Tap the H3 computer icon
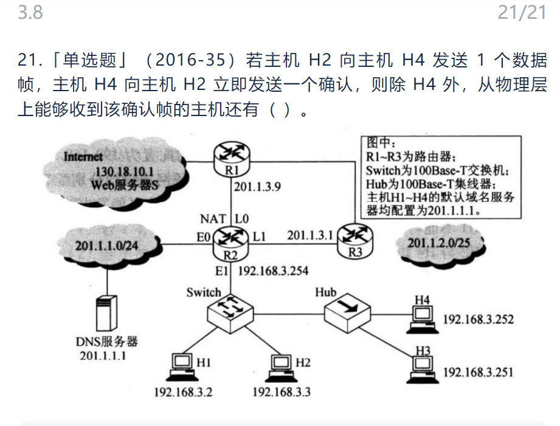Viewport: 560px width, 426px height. (423, 365)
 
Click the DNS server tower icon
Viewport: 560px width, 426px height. (107, 312)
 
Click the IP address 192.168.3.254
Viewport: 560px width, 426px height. (273, 271)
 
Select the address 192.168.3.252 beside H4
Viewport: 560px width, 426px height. (478, 320)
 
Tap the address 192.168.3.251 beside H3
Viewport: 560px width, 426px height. (478, 371)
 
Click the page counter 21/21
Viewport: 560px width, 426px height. (522, 12)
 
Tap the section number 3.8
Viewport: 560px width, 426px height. (30, 12)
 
